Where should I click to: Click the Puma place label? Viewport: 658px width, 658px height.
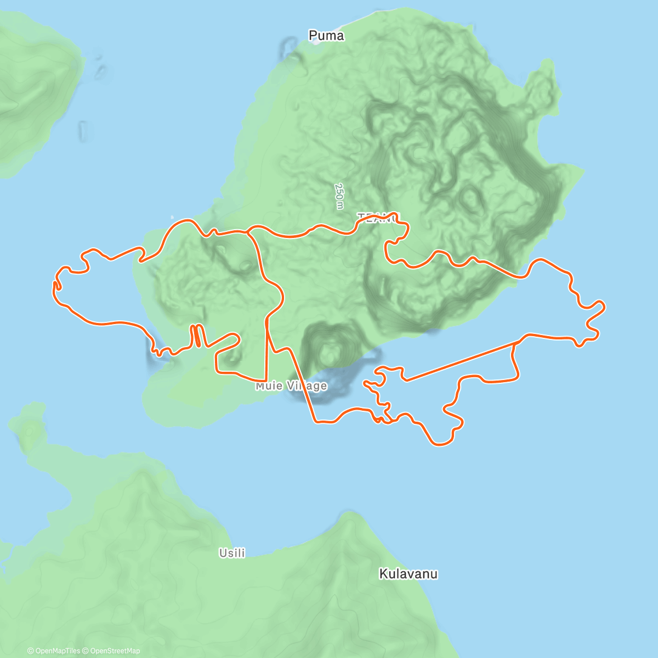tap(326, 36)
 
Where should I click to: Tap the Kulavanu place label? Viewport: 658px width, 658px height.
tap(409, 574)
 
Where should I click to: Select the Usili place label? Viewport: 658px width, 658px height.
tap(232, 553)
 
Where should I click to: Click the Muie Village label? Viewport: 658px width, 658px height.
tap(291, 386)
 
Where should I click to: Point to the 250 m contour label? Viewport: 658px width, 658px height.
tap(340, 196)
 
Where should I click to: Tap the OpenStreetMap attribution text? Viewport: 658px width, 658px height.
tap(115, 651)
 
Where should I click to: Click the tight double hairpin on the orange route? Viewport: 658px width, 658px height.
tap(196, 336)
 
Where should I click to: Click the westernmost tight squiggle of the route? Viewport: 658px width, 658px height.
tap(56, 285)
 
